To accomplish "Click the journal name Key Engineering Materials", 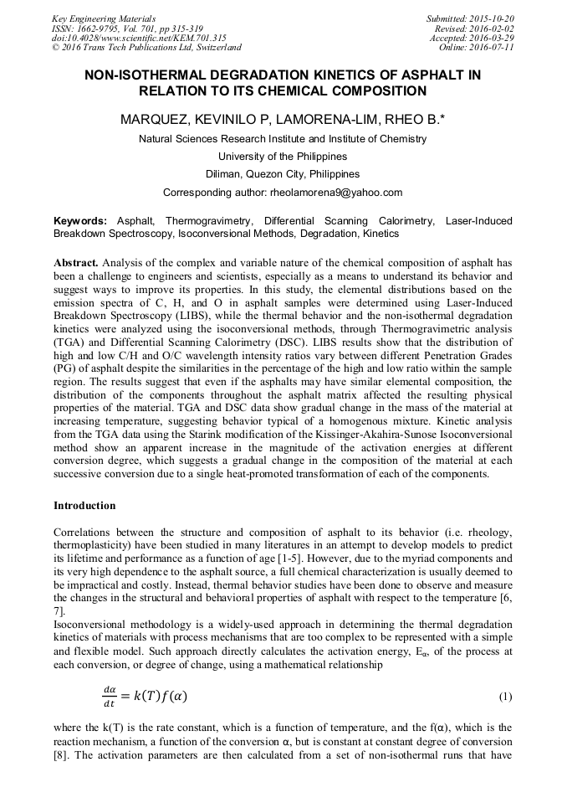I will [103, 18].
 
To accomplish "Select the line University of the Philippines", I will [283, 157].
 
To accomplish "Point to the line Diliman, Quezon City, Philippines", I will [283, 174].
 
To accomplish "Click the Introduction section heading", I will [84, 506].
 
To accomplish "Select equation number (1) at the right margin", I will [504, 697].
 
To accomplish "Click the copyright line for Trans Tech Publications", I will [146, 48].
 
